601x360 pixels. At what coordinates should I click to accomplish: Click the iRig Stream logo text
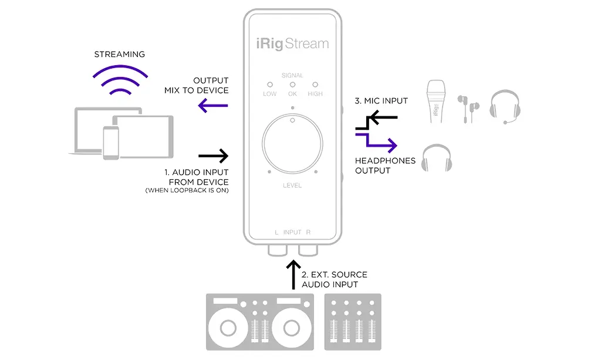[293, 43]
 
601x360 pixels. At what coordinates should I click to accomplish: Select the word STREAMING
[119, 55]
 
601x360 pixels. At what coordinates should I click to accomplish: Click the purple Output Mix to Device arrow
[213, 106]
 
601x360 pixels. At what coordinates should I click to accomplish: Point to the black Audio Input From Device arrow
[213, 156]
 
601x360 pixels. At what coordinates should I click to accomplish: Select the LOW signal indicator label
[270, 94]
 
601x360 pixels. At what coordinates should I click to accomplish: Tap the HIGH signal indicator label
[315, 94]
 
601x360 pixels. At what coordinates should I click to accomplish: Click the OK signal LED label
[292, 94]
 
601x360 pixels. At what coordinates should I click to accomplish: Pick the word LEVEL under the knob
[292, 186]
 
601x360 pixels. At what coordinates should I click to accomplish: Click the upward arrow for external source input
[293, 274]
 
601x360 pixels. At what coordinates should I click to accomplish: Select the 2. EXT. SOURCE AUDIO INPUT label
[334, 280]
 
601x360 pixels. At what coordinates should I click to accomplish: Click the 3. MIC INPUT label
[381, 101]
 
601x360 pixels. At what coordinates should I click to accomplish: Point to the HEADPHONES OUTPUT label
[384, 166]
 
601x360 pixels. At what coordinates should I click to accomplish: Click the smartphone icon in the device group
[111, 142]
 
